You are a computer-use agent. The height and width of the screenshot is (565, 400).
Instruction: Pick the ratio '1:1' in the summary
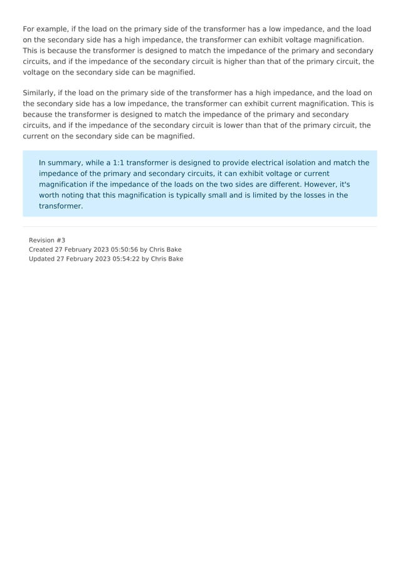[x=118, y=163]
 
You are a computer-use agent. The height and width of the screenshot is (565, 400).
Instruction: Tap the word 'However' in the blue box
[x=319, y=184]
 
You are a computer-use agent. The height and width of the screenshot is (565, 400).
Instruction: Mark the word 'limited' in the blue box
[x=249, y=195]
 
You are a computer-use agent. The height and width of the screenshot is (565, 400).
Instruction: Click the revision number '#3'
[x=60, y=240]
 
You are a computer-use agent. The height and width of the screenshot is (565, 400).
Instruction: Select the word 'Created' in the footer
[x=41, y=249]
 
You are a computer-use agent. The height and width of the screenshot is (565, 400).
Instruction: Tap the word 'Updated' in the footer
[x=41, y=259]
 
